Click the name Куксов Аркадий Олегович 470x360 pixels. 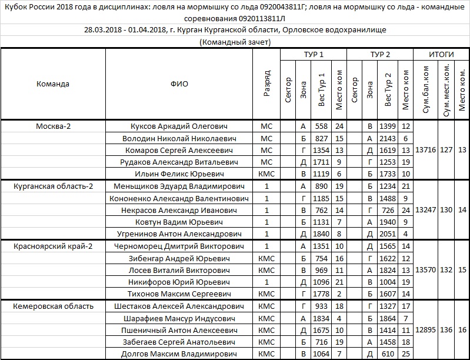pyautogui.click(x=179, y=126)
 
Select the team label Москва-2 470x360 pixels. pyautogui.click(x=53, y=126)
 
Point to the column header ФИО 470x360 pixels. pyautogui.click(x=179, y=84)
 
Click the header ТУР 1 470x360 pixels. pyautogui.click(x=314, y=54)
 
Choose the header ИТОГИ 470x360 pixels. pyautogui.click(x=441, y=54)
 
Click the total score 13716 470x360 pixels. pyautogui.click(x=425, y=150)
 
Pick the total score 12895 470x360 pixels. pyautogui.click(x=425, y=330)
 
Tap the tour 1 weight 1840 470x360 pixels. pyautogui.click(x=321, y=234)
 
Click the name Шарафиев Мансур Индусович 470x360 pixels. pyautogui.click(x=179, y=318)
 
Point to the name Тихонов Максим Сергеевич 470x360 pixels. pyautogui.click(x=179, y=294)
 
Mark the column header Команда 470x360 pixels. pyautogui.click(x=53, y=84)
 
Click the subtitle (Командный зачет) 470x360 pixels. pyautogui.click(x=235, y=42)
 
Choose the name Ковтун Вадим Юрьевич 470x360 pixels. pyautogui.click(x=179, y=222)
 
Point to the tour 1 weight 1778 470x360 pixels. pyautogui.click(x=321, y=294)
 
